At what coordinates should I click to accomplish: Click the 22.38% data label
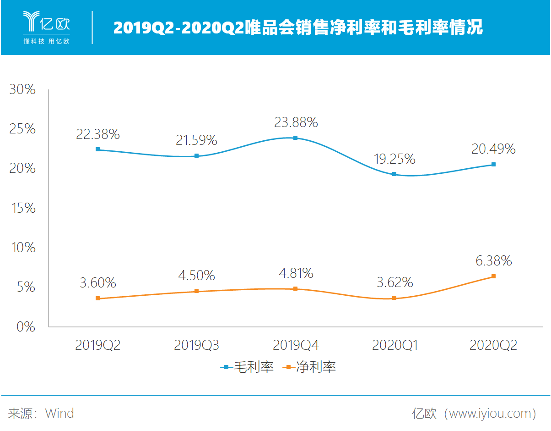pyautogui.click(x=97, y=134)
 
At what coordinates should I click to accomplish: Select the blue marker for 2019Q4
pyautogui.click(x=295, y=138)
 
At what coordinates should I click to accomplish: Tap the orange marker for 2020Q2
pyautogui.click(x=493, y=276)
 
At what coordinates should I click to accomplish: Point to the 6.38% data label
pyautogui.click(x=493, y=261)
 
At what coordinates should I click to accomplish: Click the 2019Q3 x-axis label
pyautogui.click(x=196, y=345)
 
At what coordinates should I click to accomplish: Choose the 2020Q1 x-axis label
pyautogui.click(x=394, y=345)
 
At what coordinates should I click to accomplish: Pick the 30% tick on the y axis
pyautogui.click(x=22, y=89)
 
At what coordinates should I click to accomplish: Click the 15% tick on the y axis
pyautogui.click(x=22, y=208)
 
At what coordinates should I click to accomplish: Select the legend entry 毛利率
pyautogui.click(x=248, y=367)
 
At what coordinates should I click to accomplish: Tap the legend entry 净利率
pyautogui.click(x=310, y=367)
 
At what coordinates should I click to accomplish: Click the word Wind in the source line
pyautogui.click(x=59, y=414)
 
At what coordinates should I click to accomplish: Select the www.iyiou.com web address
pyautogui.click(x=486, y=414)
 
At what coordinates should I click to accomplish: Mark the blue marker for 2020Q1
pyautogui.click(x=394, y=174)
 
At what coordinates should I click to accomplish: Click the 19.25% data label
pyautogui.click(x=394, y=159)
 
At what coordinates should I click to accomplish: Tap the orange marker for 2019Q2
pyautogui.click(x=97, y=298)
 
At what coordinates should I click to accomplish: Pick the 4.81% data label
pyautogui.click(x=295, y=273)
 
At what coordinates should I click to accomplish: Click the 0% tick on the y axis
pyautogui.click(x=26, y=327)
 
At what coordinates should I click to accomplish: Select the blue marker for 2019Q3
pyautogui.click(x=196, y=156)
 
